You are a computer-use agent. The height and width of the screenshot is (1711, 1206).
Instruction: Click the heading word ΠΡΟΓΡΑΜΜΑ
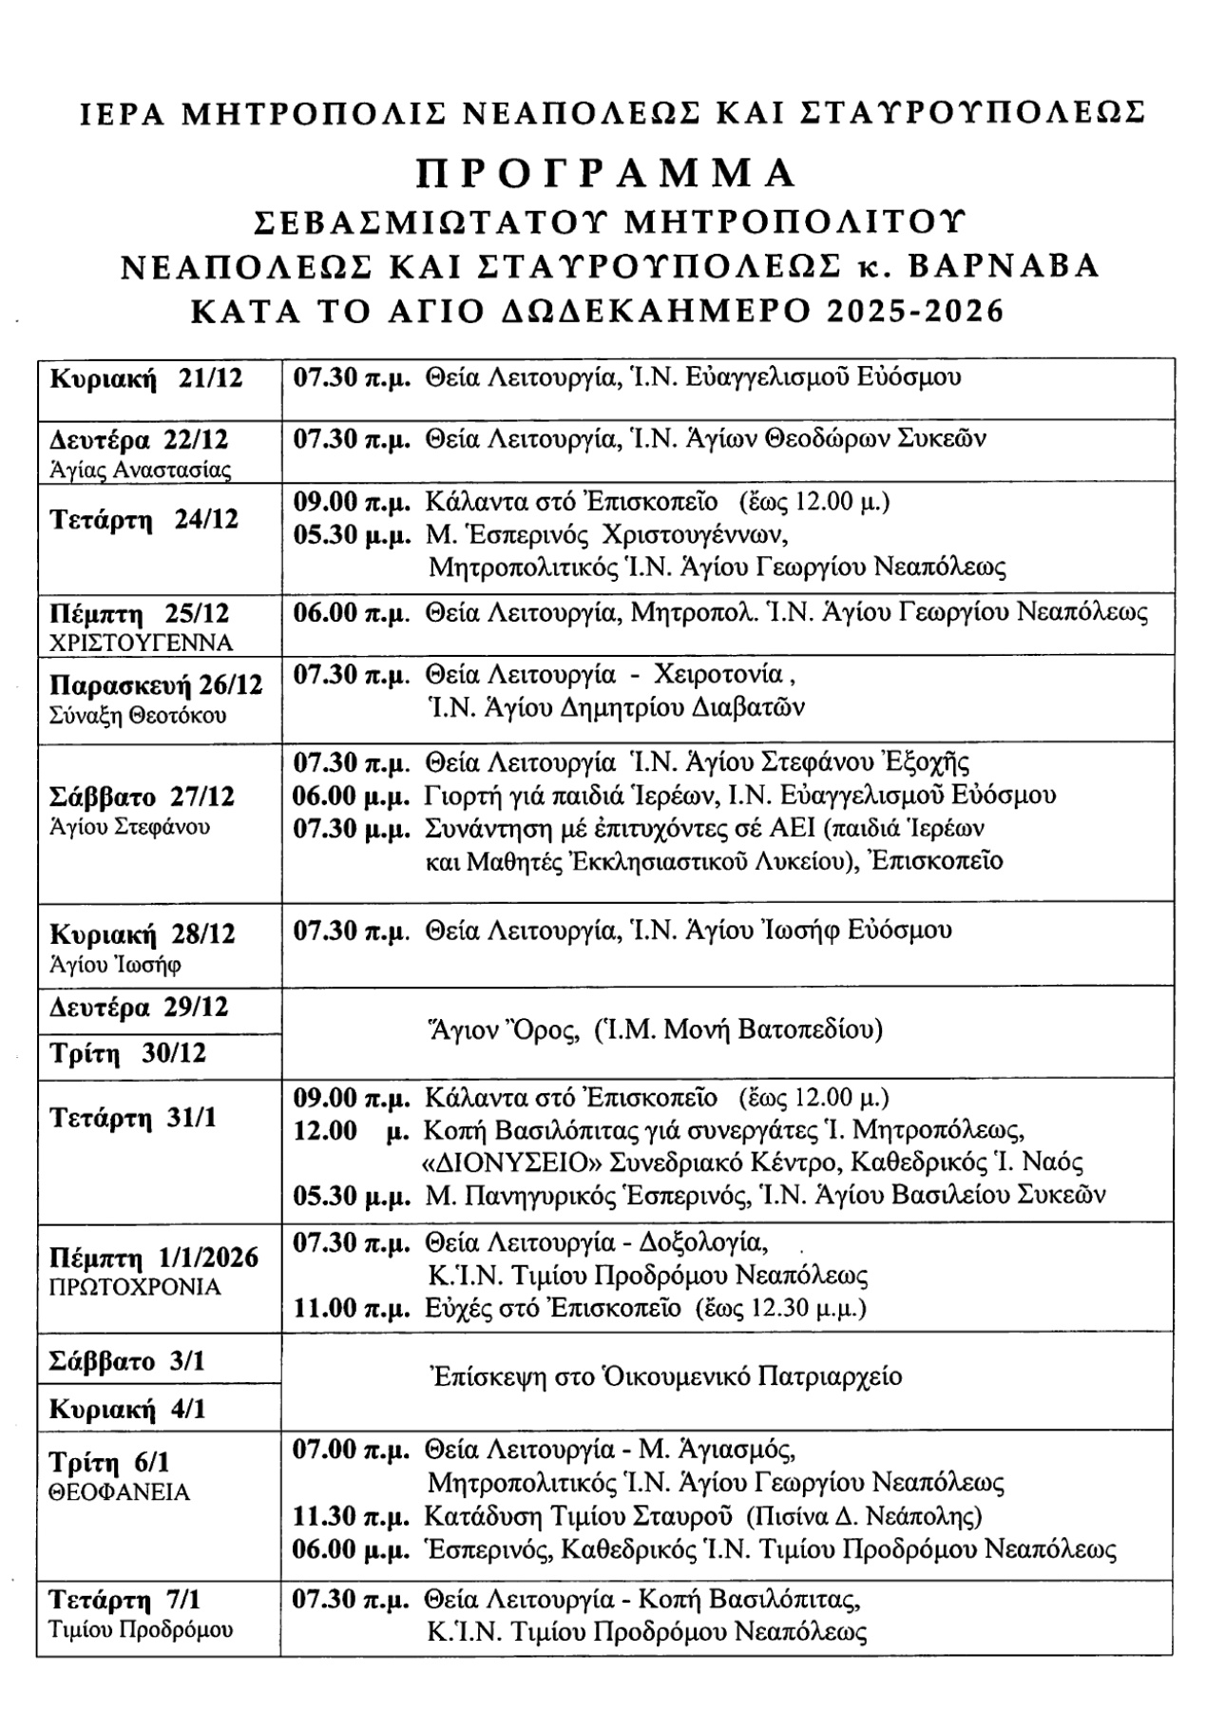pos(605,172)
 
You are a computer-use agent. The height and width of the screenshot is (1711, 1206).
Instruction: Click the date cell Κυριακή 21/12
pos(146,378)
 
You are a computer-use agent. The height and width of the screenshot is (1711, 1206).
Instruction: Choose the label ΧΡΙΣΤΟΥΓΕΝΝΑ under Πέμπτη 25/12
pos(141,643)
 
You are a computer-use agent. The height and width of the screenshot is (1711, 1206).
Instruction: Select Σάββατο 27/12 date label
pos(142,796)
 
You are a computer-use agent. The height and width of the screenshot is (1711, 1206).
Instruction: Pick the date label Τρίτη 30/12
pos(127,1054)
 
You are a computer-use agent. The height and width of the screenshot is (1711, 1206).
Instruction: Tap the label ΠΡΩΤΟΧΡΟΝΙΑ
pos(135,1288)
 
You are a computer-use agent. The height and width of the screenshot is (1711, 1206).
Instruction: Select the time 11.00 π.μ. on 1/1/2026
pos(352,1309)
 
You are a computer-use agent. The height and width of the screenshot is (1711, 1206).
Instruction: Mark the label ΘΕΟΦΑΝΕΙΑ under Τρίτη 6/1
pos(120,1492)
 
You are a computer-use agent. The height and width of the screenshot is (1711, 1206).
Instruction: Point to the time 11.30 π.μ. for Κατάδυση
pos(352,1515)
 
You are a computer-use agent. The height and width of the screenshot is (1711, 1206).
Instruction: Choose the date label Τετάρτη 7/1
pos(132,1599)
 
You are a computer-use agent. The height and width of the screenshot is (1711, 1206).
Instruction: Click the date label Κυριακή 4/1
pos(127,1409)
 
